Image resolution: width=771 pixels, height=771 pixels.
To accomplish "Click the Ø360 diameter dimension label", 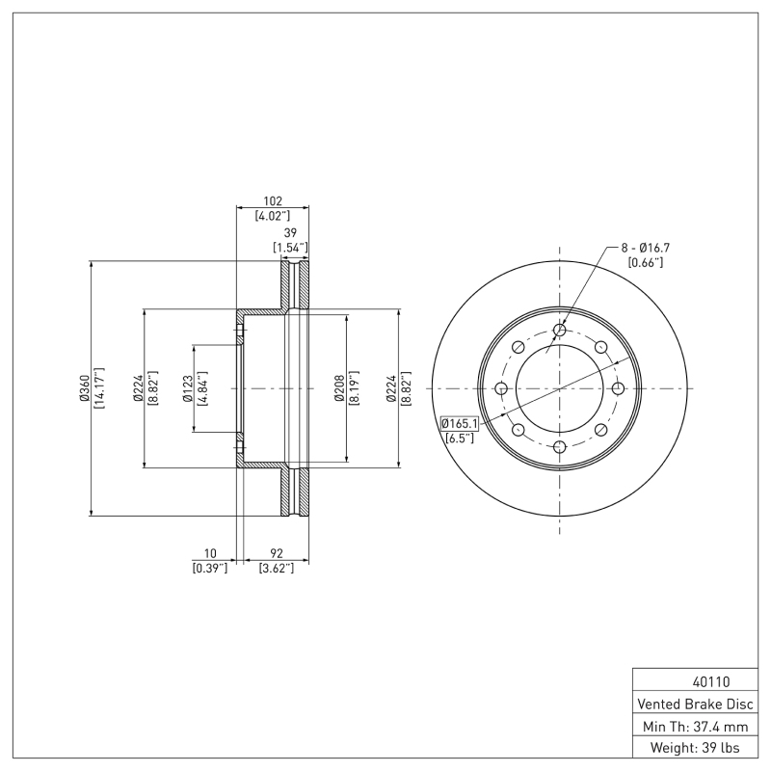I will pyautogui.click(x=85, y=387).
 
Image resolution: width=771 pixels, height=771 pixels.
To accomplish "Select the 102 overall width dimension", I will pyautogui.click(x=273, y=201).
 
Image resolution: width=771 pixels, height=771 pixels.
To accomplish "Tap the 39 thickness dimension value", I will pyautogui.click(x=289, y=233).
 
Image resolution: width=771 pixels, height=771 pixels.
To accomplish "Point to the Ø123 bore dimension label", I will pyautogui.click(x=189, y=387).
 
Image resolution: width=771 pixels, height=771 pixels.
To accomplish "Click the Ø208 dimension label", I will pyautogui.click(x=339, y=387).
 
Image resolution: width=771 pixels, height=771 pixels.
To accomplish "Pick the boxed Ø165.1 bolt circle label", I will pyautogui.click(x=460, y=423).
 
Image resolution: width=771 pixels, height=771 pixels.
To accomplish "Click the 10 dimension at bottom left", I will pyautogui.click(x=210, y=553).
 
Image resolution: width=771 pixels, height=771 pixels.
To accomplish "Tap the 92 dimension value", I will pyautogui.click(x=277, y=553).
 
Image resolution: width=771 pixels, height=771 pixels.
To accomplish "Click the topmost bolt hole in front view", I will pyautogui.click(x=560, y=331).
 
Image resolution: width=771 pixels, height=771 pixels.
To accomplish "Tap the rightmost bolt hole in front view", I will pyautogui.click(x=619, y=388).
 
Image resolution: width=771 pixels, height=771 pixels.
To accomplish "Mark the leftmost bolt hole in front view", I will pyautogui.click(x=501, y=388).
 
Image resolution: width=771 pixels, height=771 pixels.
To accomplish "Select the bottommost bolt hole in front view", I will pyautogui.click(x=560, y=446).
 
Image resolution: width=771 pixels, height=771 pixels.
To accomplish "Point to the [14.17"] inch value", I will pyautogui.click(x=98, y=387).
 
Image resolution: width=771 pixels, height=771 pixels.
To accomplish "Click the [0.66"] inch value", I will pyautogui.click(x=645, y=262).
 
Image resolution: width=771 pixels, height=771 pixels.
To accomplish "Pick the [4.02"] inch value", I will pyautogui.click(x=273, y=216).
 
